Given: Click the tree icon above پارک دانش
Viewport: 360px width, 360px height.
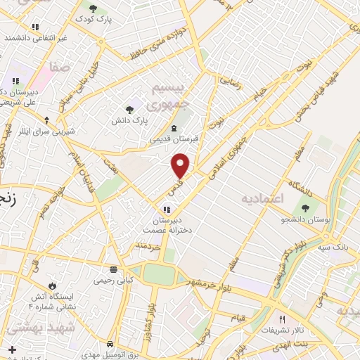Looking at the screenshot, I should point(129,109).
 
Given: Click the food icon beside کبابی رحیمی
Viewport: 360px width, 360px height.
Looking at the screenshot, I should point(113,269).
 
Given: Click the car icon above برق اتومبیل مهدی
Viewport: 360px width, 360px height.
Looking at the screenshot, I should point(110,345).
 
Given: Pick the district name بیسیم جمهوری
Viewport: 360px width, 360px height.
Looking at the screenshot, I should point(172,94).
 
